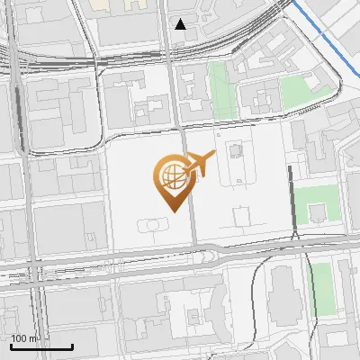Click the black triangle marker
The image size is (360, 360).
[181, 24]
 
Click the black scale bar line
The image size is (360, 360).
[41, 346]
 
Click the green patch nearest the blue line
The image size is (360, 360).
[292, 91]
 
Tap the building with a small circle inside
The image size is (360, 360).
[235, 149]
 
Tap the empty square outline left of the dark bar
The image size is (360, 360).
[241, 216]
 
